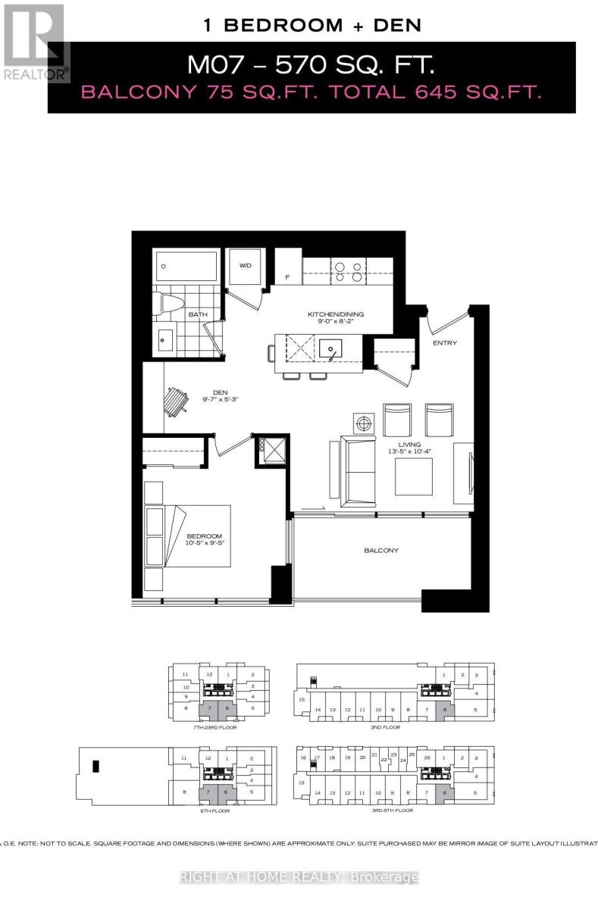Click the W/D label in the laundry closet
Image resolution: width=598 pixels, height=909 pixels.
tap(245, 266)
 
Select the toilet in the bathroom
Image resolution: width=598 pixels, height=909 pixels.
tap(168, 305)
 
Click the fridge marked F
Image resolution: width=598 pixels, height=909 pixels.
tap(288, 276)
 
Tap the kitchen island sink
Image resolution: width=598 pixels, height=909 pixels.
tap(330, 350)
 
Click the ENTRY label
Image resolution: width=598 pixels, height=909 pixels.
tap(444, 343)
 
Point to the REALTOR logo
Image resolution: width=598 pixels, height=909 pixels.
tap(36, 42)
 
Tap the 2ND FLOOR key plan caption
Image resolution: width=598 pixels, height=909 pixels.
tap(385, 727)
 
